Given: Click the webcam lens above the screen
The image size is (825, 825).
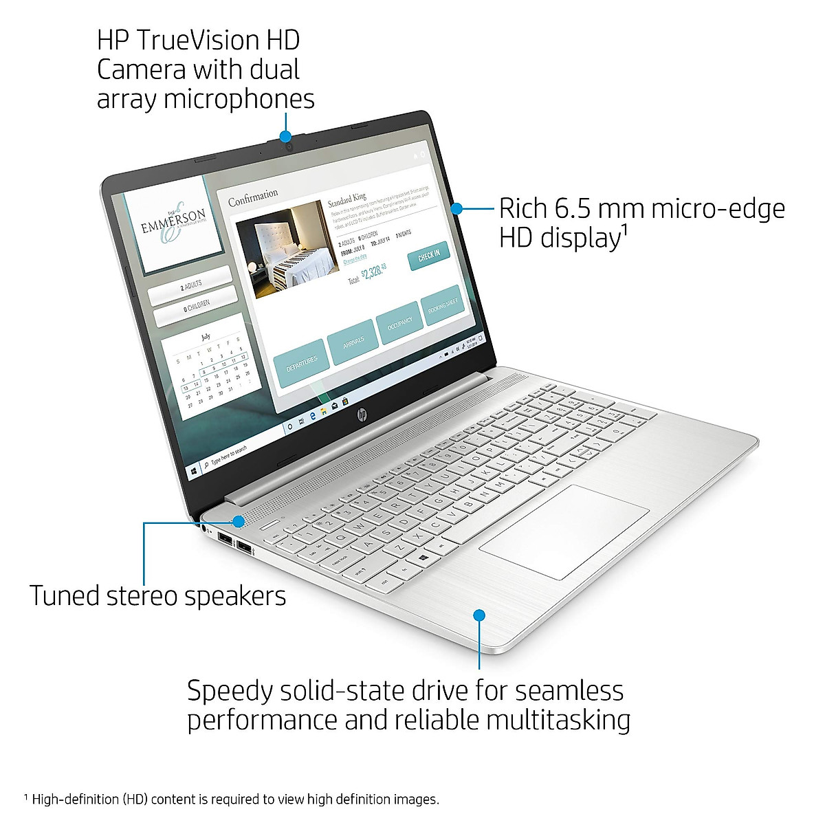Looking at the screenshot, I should pyautogui.click(x=290, y=146).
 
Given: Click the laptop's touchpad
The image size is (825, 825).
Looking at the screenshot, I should pyautogui.click(x=564, y=531).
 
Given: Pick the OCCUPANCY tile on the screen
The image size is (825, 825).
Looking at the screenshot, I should pyautogui.click(x=399, y=322).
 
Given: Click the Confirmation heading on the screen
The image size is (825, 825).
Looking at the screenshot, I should pyautogui.click(x=253, y=197).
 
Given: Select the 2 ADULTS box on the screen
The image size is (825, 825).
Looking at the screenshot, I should pyautogui.click(x=191, y=286).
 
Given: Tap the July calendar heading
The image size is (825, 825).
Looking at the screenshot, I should pyautogui.click(x=206, y=337).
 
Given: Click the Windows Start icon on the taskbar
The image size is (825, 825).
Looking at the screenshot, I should pyautogui.click(x=195, y=471).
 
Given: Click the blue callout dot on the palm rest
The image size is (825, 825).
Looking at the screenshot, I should pyautogui.click(x=479, y=615).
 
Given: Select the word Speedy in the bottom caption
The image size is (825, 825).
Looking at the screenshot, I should pyautogui.click(x=230, y=690).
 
